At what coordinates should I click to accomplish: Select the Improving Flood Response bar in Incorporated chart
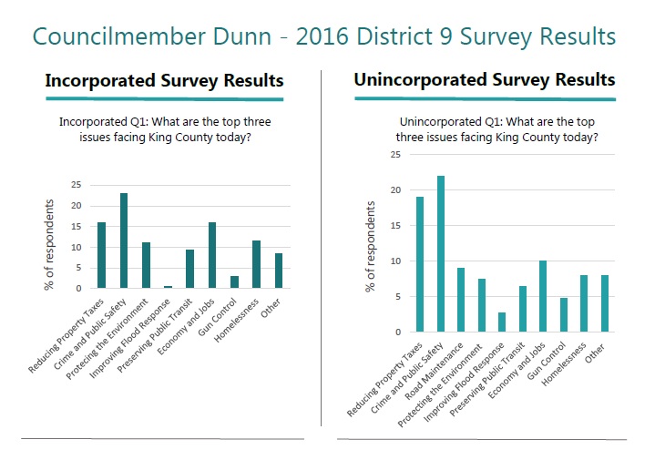click(168, 287)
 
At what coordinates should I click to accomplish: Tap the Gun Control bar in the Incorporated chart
click(234, 282)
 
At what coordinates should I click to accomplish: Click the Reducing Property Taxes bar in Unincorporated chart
click(420, 264)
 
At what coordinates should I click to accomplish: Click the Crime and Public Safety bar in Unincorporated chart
click(440, 254)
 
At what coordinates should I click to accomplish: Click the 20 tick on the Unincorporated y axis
click(394, 190)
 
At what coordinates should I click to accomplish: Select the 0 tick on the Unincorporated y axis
click(397, 332)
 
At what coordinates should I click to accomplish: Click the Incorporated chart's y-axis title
click(52, 244)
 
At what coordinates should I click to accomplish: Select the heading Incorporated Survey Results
click(164, 81)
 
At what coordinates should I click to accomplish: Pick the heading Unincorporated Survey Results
click(484, 80)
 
